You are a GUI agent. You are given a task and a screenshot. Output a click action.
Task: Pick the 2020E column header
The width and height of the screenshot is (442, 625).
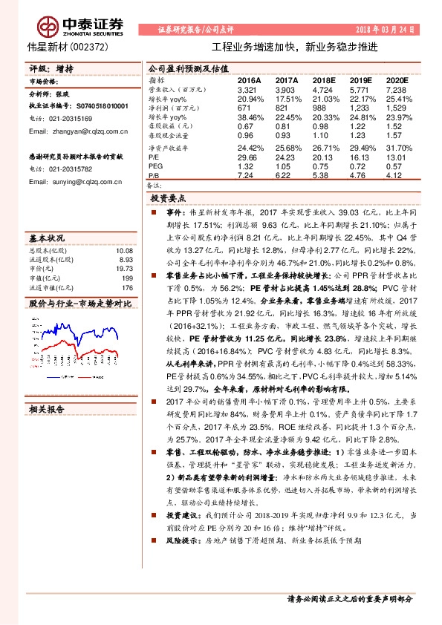397,79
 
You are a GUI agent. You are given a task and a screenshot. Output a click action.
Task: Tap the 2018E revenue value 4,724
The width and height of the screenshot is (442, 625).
324,88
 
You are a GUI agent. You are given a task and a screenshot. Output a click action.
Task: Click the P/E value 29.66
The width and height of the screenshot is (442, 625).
247,157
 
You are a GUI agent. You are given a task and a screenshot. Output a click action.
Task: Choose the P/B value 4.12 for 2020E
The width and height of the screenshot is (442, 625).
397,176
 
